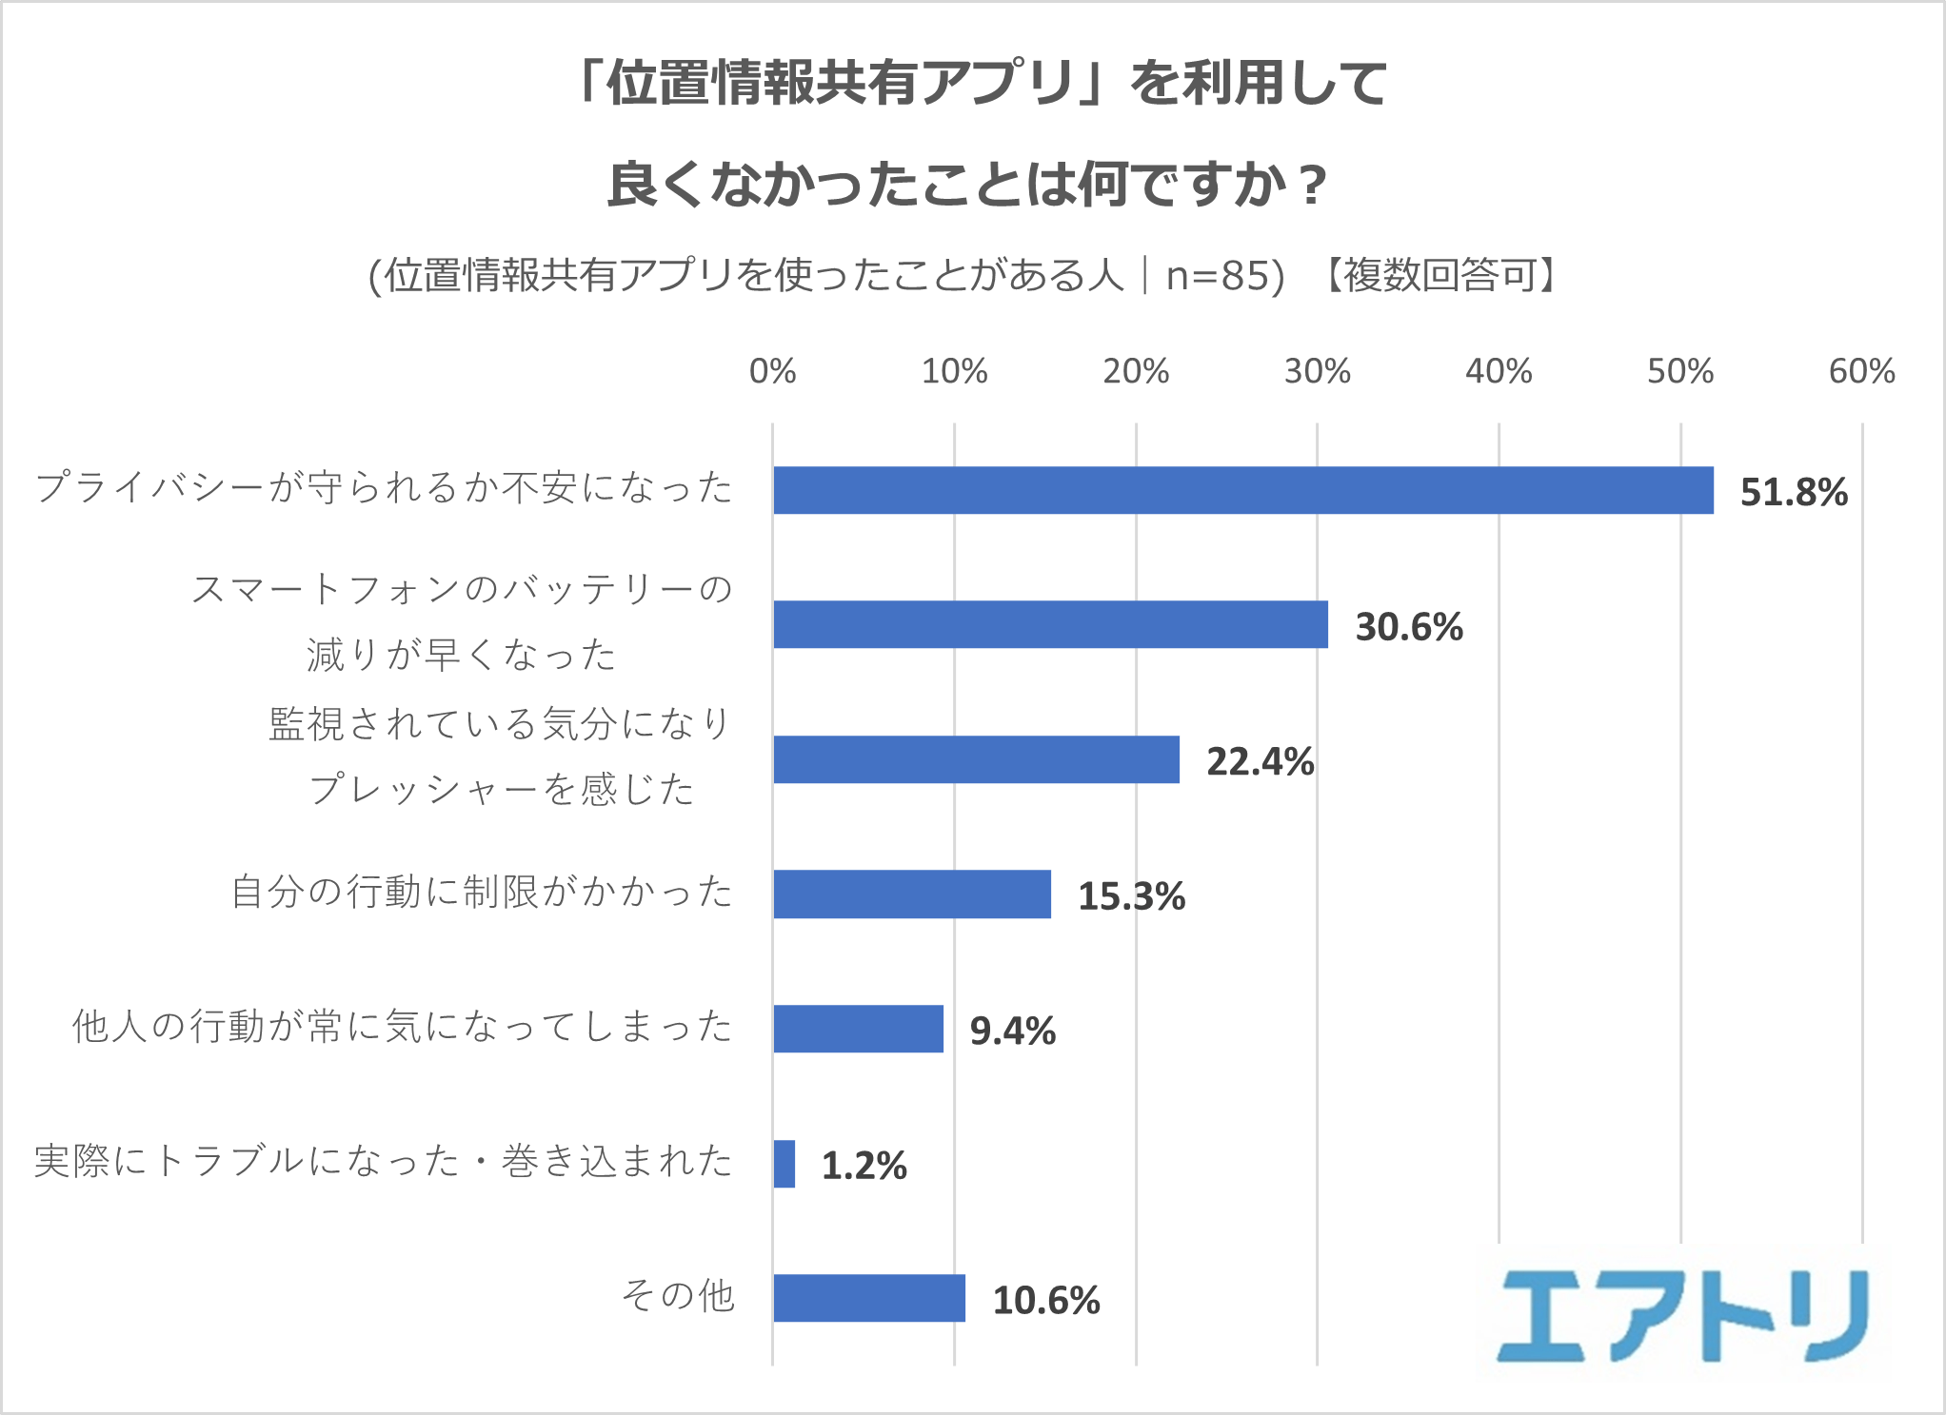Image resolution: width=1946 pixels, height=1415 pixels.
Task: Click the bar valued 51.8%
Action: (x=1242, y=490)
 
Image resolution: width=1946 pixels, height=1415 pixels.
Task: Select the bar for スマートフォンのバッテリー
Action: (x=1050, y=624)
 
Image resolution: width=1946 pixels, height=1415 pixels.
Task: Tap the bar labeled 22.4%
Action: (x=976, y=759)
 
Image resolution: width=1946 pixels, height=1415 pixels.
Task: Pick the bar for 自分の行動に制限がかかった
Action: (x=912, y=894)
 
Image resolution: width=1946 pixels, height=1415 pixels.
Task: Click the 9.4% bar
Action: (x=858, y=1029)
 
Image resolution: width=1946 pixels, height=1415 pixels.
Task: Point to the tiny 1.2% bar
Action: (x=784, y=1164)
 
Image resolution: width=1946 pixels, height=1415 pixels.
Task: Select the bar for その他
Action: (x=869, y=1298)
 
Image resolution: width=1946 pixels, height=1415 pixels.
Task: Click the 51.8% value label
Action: (x=1794, y=492)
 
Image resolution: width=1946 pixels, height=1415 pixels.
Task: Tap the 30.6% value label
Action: (x=1409, y=627)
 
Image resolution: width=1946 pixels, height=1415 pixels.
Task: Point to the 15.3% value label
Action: (x=1131, y=896)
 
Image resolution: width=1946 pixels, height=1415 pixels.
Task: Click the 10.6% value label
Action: (x=1045, y=1301)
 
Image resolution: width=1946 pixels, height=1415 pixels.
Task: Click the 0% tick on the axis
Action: (x=772, y=371)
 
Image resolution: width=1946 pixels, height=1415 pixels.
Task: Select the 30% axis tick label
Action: (x=1317, y=371)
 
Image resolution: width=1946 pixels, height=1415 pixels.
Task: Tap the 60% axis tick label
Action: (x=1861, y=371)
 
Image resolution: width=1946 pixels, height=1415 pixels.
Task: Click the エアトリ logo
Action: (x=1682, y=1317)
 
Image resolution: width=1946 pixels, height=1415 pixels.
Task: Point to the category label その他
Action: (x=678, y=1295)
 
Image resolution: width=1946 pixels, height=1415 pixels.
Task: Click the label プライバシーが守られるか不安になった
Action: (x=384, y=487)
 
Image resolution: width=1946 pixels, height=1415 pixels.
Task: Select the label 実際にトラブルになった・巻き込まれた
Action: (x=383, y=1161)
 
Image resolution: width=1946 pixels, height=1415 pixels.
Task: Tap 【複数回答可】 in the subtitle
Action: (x=1440, y=276)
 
